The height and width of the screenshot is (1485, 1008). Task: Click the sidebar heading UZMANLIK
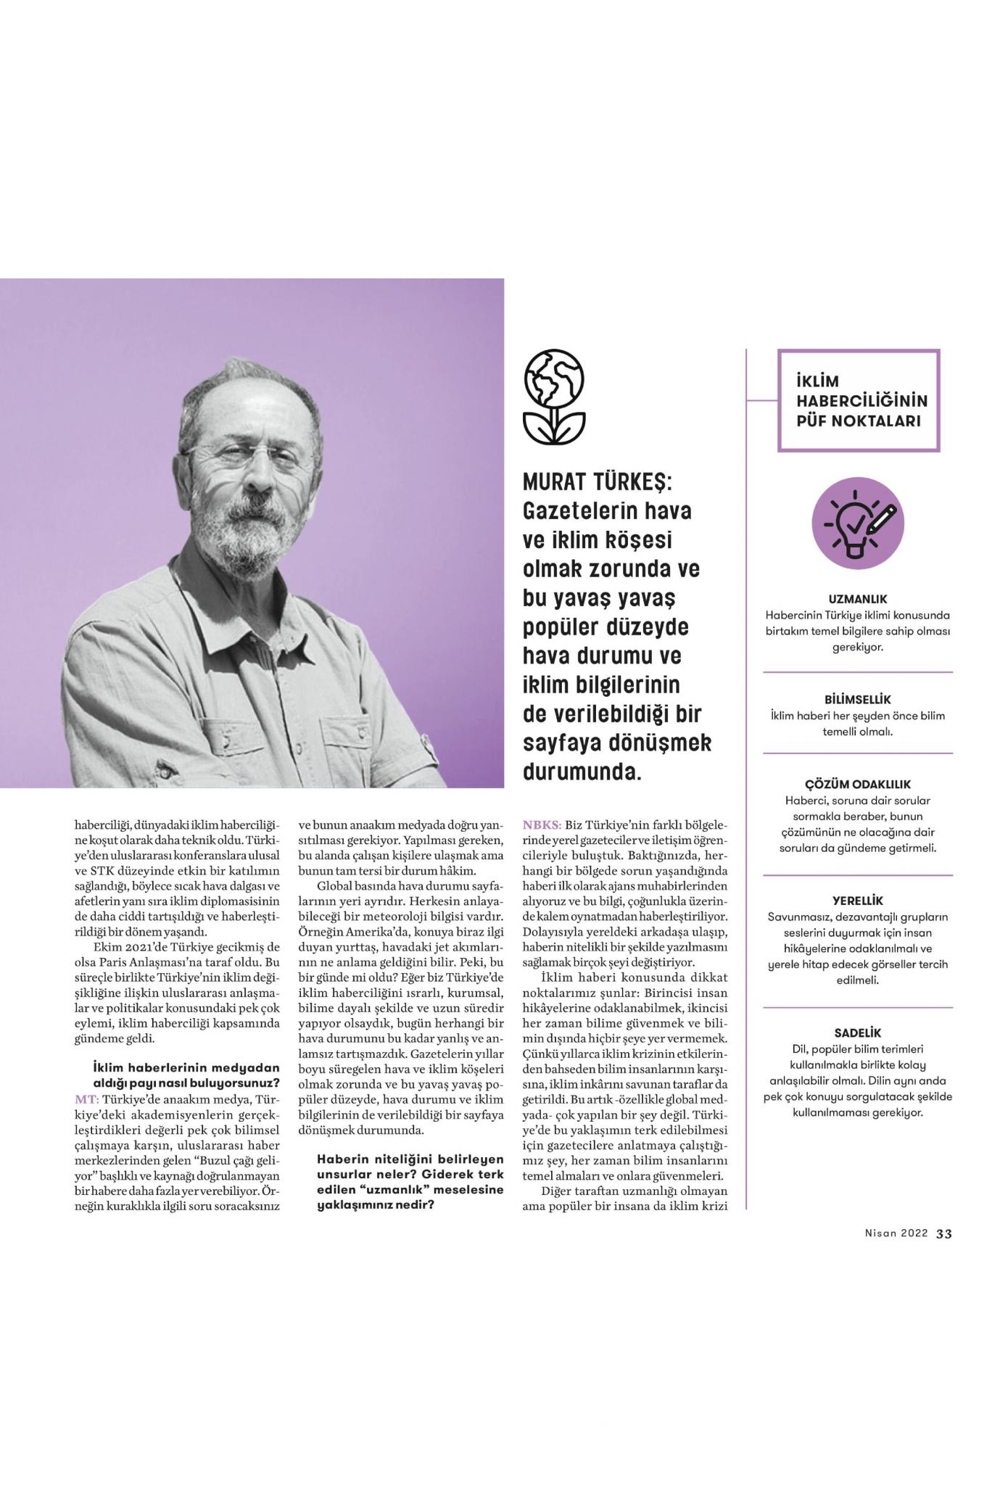pyautogui.click(x=858, y=600)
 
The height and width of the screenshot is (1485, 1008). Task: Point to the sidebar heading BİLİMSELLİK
pyautogui.click(x=858, y=700)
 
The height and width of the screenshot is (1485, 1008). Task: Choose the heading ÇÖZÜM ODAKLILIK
pyautogui.click(x=858, y=785)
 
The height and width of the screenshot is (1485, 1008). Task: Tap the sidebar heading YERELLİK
pyautogui.click(x=858, y=901)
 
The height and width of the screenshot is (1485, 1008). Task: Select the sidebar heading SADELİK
pyautogui.click(x=858, y=1033)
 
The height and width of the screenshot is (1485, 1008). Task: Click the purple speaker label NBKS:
pyautogui.click(x=542, y=824)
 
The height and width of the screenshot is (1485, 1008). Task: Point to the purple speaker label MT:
pyautogui.click(x=86, y=1099)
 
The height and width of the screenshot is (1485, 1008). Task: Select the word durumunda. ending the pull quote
pyautogui.click(x=582, y=772)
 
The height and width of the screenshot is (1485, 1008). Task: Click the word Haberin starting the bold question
pyautogui.click(x=341, y=1159)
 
